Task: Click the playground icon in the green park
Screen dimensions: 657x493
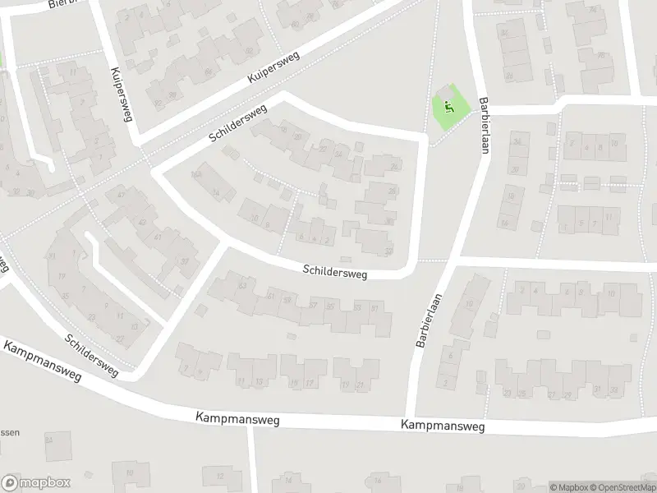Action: point(448,106)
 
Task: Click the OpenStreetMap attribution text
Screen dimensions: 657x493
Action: point(621,486)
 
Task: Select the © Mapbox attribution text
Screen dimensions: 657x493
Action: point(567,486)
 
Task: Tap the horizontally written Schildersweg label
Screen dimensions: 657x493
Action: point(334,270)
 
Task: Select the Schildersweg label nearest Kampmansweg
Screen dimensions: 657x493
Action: point(91,356)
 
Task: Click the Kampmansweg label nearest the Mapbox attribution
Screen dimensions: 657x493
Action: point(443,426)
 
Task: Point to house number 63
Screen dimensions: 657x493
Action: point(241,286)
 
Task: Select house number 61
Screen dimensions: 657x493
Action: point(270,295)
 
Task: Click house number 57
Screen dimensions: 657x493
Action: point(313,305)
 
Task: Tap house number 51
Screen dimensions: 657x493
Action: point(375,308)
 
